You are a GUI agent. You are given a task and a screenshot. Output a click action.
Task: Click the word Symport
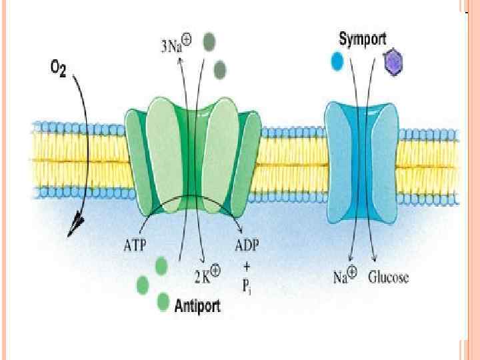coord(361,39)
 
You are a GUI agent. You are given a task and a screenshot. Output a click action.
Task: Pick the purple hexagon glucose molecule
coord(394,63)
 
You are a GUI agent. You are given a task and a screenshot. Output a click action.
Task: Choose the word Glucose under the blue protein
coord(388,277)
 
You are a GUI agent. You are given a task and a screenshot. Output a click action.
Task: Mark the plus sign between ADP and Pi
coord(246,264)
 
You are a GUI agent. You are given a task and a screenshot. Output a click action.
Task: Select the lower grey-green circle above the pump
coord(219,69)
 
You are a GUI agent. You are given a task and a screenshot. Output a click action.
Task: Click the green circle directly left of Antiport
coord(163,303)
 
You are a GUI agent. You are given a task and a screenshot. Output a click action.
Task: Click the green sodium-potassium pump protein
coord(193,160)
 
